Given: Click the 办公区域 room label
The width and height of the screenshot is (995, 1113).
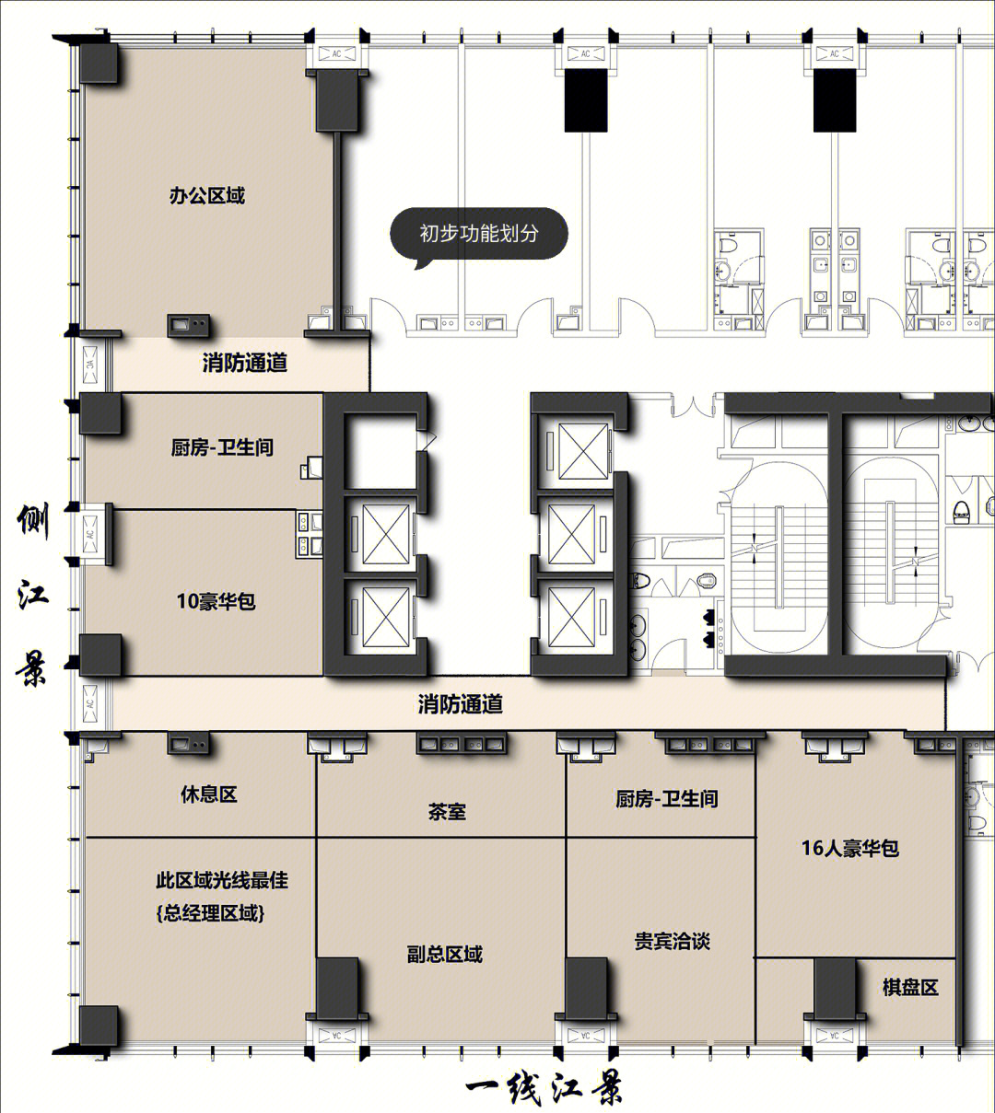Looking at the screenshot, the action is (x=206, y=195).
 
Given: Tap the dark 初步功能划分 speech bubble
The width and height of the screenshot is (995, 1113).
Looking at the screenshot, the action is (x=478, y=234).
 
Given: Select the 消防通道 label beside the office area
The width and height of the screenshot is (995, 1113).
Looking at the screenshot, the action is (x=245, y=363).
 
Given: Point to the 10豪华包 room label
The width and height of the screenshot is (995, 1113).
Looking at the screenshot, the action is (x=216, y=601).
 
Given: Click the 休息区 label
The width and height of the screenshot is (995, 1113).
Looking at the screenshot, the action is (x=209, y=794).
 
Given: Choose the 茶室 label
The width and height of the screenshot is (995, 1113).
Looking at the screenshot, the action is (x=447, y=811).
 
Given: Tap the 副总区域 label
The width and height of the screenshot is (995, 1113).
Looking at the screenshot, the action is (x=445, y=955).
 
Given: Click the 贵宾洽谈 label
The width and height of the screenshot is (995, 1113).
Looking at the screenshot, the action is (x=673, y=941).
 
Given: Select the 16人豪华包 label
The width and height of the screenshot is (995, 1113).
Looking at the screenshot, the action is (x=849, y=848).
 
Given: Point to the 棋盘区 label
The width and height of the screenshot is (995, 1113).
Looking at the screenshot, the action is (x=910, y=987).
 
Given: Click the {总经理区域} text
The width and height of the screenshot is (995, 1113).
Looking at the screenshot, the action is (x=211, y=913).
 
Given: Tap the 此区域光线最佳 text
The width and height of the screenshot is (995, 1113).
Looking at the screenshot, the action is (x=221, y=880).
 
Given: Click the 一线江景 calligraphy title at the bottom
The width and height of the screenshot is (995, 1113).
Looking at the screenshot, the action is (x=544, y=1086).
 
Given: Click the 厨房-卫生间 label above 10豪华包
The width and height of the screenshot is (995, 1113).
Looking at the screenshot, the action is (x=221, y=447).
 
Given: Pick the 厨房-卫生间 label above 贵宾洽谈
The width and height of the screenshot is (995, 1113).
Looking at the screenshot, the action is (x=666, y=798).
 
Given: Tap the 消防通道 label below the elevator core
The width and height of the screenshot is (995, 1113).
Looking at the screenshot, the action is (x=460, y=703).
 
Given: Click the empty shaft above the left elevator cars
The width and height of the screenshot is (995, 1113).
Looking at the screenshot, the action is (x=380, y=451).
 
